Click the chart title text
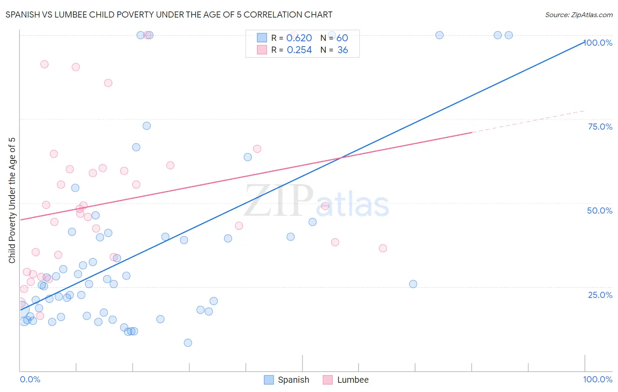click(x=169, y=15)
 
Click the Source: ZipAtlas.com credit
click(x=578, y=15)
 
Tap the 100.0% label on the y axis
click(x=598, y=43)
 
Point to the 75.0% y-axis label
click(x=600, y=127)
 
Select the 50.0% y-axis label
click(x=600, y=211)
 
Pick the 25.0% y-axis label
click(x=600, y=294)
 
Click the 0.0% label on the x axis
click(x=30, y=379)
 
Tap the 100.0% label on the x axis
click(x=597, y=379)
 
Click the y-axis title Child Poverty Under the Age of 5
click(x=12, y=200)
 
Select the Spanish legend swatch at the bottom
click(x=269, y=380)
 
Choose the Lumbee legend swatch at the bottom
click(x=327, y=380)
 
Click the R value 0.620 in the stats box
click(x=299, y=38)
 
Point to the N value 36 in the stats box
click(x=342, y=50)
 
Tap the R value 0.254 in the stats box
click(x=299, y=50)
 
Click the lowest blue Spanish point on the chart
click(x=188, y=343)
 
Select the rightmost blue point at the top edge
click(x=509, y=35)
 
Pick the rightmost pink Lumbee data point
click(x=383, y=248)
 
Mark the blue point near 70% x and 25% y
click(x=413, y=284)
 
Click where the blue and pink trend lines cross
click(x=341, y=158)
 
